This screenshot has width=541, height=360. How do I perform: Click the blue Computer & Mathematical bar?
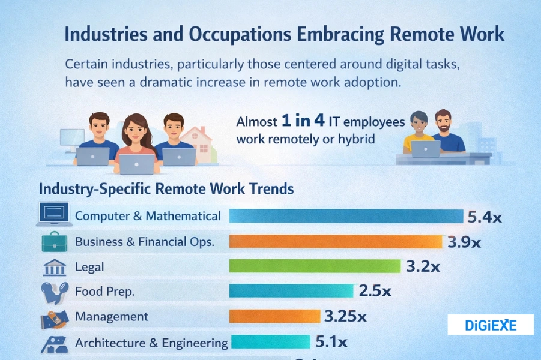[346, 216]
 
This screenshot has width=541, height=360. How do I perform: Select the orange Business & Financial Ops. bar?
[336, 241]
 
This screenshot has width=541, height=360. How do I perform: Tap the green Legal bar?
[315, 266]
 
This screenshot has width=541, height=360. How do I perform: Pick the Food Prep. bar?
[291, 292]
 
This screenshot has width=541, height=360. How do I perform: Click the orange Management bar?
[274, 316]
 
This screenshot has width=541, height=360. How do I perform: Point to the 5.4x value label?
[484, 217]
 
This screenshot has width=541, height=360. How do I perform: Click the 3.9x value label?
[464, 242]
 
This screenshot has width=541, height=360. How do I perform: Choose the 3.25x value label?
[346, 316]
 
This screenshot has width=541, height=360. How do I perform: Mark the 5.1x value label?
[331, 343]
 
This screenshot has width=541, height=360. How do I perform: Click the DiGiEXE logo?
[491, 325]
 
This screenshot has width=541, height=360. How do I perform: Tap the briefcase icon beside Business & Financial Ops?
[53, 241]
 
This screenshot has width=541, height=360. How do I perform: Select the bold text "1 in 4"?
[304, 121]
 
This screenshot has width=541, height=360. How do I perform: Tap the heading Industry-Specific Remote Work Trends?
[166, 188]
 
